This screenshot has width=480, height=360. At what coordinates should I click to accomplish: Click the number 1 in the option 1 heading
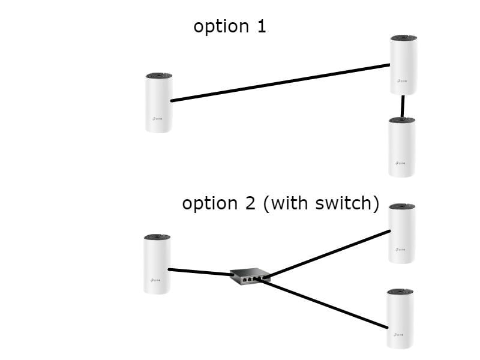pos(260,26)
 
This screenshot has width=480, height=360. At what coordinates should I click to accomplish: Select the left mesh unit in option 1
pos(159,103)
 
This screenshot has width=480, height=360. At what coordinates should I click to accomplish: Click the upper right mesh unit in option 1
pos(404,65)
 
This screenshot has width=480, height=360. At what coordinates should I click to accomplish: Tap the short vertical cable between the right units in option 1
pos(403,106)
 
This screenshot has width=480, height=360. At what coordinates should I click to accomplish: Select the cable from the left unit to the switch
pos(200,272)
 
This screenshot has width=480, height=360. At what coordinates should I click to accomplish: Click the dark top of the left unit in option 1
pos(159,76)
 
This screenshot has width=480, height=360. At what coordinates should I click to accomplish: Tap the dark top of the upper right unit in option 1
pos(404,38)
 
